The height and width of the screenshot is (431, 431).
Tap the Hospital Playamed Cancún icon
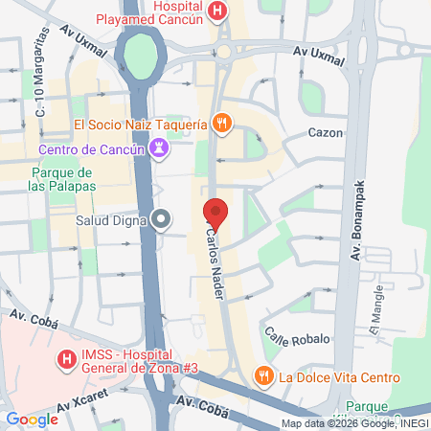[218, 12]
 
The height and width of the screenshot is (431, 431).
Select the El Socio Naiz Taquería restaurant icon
[221, 123]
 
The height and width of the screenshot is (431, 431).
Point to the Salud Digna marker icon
[162, 220]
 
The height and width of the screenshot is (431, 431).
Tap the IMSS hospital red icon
[67, 361]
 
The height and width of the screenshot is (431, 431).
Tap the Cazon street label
[326, 133]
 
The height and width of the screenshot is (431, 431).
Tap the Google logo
[32, 420]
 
